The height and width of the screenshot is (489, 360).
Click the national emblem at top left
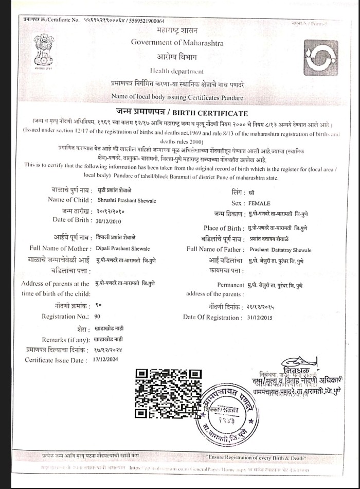(44, 49)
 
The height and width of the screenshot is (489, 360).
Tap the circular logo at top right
(321, 57)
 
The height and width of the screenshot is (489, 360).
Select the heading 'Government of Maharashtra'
(177, 43)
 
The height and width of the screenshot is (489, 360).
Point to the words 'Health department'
(176, 71)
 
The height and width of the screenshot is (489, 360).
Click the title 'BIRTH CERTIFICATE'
(213, 113)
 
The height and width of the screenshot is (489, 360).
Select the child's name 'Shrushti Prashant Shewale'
(127, 200)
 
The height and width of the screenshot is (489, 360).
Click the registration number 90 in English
(97, 316)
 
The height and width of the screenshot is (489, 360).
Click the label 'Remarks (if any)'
(65, 340)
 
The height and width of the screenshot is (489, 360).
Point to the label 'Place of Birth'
(223, 228)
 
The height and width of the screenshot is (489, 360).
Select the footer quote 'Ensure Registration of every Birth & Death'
(256, 457)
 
